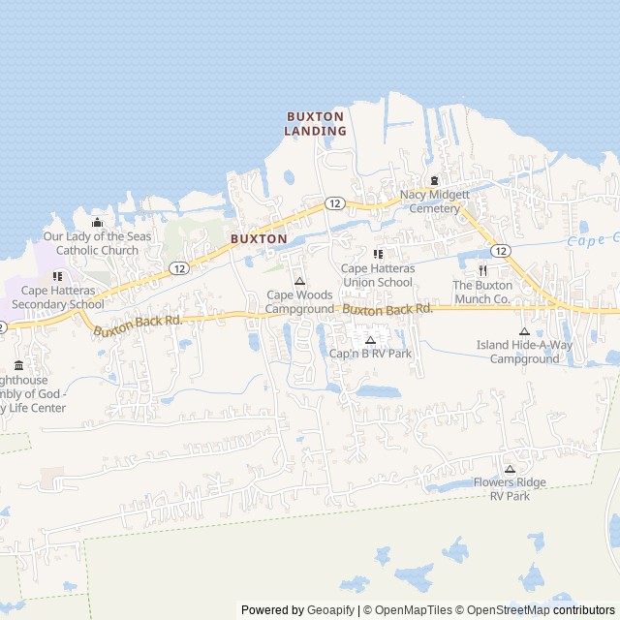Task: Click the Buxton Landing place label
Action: click(x=316, y=123)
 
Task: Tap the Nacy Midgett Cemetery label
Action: click(x=434, y=201)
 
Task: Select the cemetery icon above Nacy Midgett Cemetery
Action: click(x=434, y=180)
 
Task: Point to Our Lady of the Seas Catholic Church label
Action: click(x=97, y=243)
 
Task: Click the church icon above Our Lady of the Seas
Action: click(x=97, y=223)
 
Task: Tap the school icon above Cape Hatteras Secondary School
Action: click(x=57, y=276)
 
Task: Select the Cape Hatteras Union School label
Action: click(x=378, y=275)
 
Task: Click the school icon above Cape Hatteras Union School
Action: click(x=378, y=254)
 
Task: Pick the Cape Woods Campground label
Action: click(x=299, y=301)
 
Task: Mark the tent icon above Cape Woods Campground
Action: click(x=298, y=281)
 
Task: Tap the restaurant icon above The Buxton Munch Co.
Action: click(x=481, y=270)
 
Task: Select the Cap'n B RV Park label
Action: click(x=370, y=354)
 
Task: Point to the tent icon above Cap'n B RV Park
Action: click(x=370, y=340)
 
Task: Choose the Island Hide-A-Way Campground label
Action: click(x=524, y=352)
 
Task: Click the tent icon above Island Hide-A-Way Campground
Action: click(x=524, y=331)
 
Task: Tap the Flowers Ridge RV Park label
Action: click(x=510, y=489)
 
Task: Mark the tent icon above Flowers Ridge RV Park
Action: click(x=510, y=469)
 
